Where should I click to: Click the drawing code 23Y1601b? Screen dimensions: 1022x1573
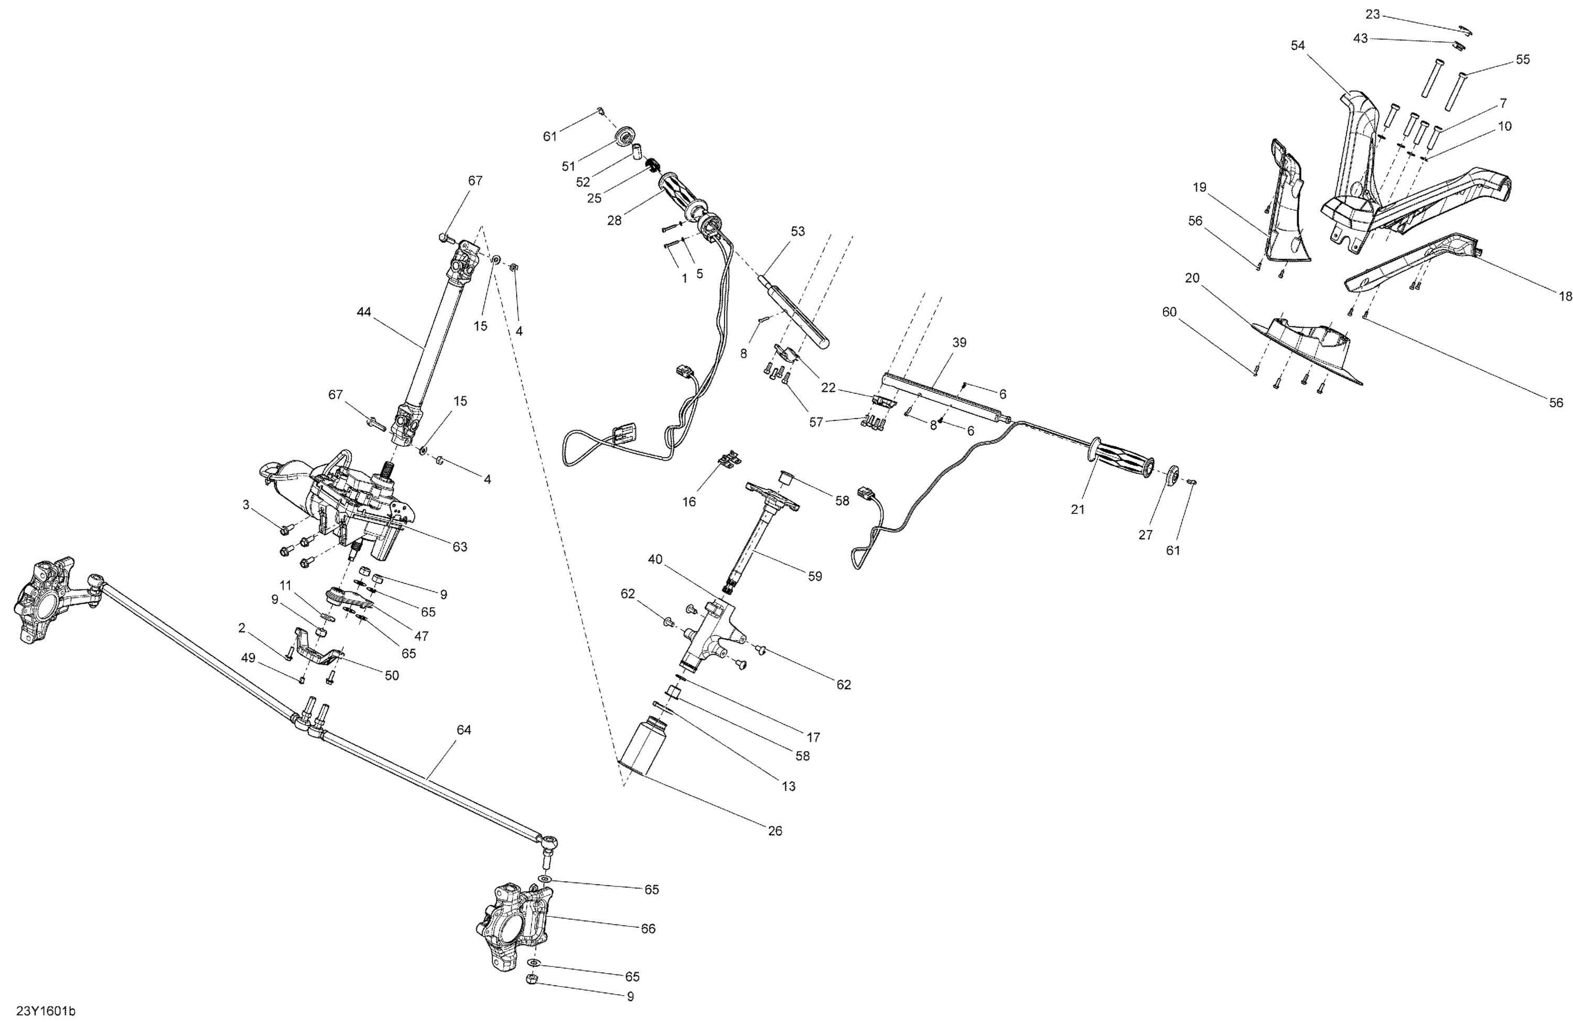tap(46, 1012)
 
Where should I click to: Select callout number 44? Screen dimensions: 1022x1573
tap(364, 311)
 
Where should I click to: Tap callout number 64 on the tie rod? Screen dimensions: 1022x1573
tap(464, 730)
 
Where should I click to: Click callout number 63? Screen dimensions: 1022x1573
tap(459, 547)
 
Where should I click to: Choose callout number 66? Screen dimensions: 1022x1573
tap(649, 929)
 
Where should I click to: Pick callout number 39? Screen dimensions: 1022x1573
tap(959, 342)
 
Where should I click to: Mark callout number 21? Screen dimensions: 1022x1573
tap(1078, 510)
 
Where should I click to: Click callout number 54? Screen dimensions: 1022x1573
tap(1298, 46)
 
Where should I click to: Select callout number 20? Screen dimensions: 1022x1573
tap(1192, 278)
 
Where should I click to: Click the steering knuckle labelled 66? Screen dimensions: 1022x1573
tap(515, 932)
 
